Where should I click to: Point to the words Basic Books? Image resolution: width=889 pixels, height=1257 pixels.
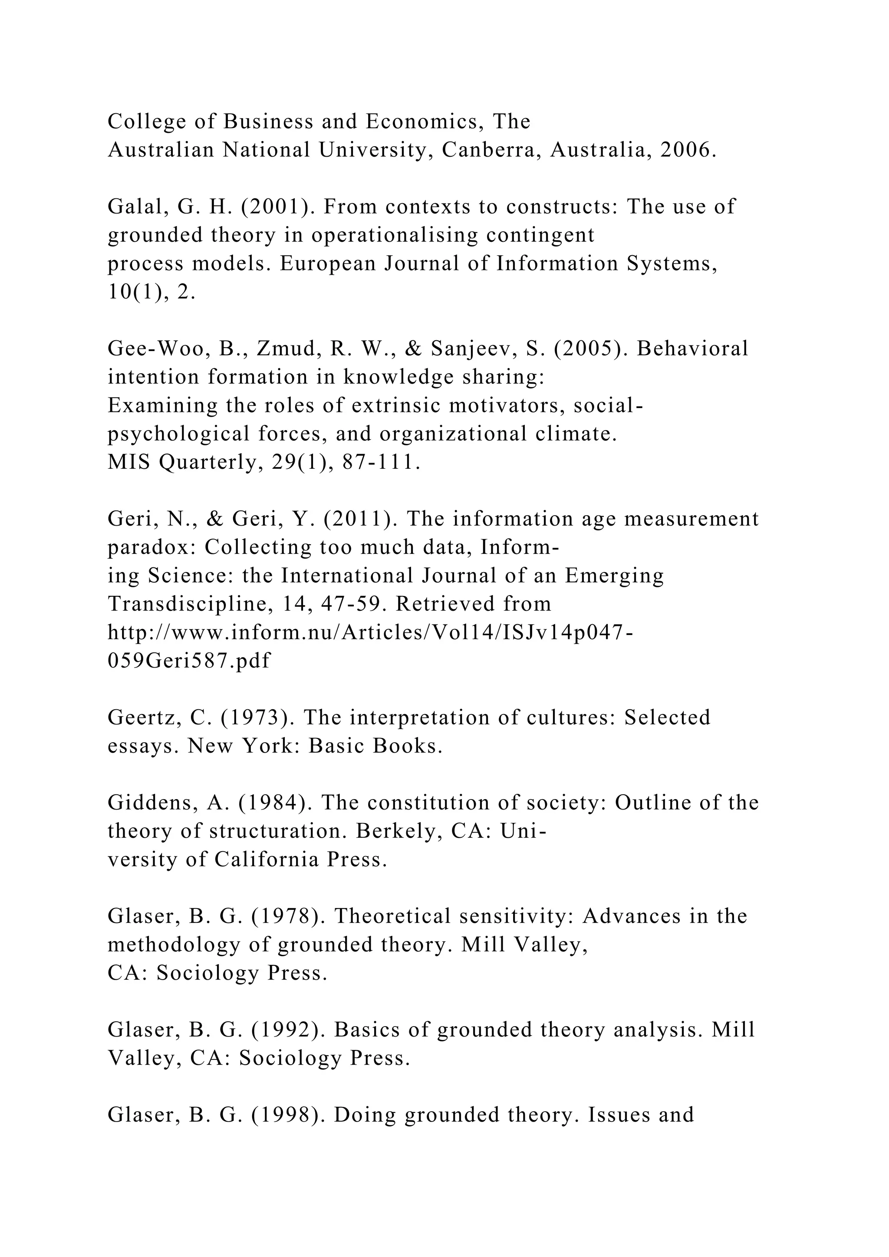[x=375, y=746]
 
